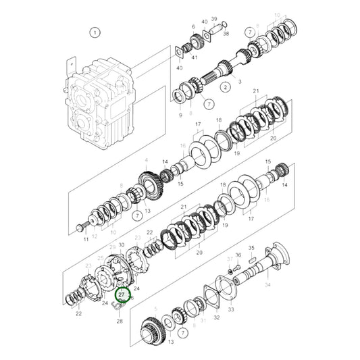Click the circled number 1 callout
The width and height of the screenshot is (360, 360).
pyautogui.click(x=95, y=32)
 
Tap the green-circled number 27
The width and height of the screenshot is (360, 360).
pyautogui.click(x=122, y=294)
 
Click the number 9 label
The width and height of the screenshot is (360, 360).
pyautogui.click(x=180, y=115)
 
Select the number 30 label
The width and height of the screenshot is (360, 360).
pyautogui.click(x=122, y=245)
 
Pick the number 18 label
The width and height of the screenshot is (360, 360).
pyautogui.click(x=219, y=120)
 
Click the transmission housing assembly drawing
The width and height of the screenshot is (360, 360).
pyautogui.click(x=98, y=101)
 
